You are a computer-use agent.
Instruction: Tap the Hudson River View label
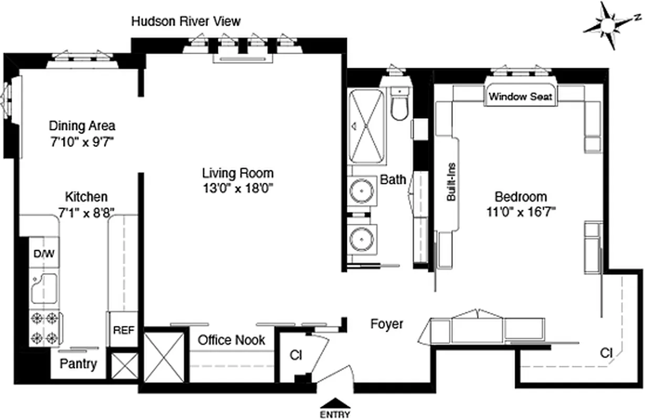186,21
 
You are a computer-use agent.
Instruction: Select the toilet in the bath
400,105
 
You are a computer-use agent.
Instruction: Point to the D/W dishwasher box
44,254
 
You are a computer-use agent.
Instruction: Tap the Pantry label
78,364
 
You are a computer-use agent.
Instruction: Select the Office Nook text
231,340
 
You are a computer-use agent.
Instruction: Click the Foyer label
387,324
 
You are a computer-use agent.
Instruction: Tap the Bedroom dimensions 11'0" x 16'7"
521,212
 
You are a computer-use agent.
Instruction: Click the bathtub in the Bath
368,127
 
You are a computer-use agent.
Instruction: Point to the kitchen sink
43,288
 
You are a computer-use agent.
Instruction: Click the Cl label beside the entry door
295,355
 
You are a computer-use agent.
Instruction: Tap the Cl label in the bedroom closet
606,354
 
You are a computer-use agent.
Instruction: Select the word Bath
393,180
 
